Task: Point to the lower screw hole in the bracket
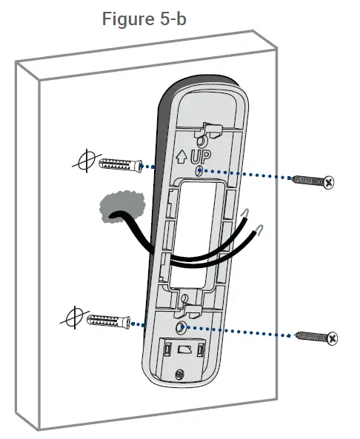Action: tap(182, 326)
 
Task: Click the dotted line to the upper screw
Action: tap(244, 175)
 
